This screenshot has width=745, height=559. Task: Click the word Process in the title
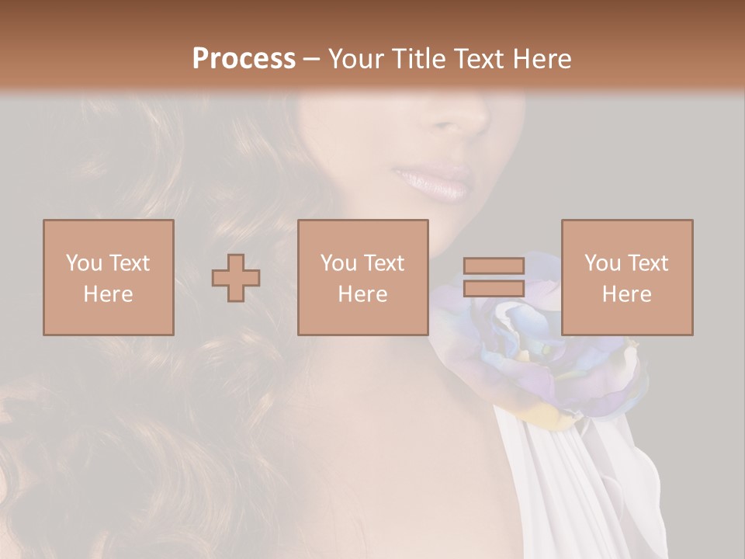point(244,59)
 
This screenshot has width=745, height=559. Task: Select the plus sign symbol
point(236,277)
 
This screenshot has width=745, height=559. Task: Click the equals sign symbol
point(494,277)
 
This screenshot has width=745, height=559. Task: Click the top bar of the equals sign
point(494,266)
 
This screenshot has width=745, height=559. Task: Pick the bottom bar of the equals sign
point(494,288)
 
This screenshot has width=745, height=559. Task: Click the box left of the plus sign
point(109,277)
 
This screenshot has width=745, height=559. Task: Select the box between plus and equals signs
point(363,277)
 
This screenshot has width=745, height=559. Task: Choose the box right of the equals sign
point(627,277)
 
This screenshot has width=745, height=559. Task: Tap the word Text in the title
point(478,59)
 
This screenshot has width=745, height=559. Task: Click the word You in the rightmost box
point(602,263)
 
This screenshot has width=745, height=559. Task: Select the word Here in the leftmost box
point(109,293)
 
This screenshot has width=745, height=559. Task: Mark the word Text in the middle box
point(384,263)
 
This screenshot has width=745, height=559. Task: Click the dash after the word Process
point(312,59)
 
